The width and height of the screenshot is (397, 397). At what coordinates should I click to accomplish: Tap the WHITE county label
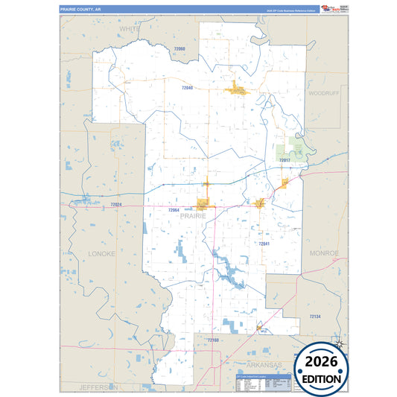[x=130, y=28]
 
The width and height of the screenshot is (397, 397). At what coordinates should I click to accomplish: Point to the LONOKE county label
[x=102, y=253]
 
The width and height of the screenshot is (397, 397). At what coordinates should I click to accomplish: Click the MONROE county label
[x=324, y=253]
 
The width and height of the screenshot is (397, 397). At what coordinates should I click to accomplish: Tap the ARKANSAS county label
[x=266, y=365]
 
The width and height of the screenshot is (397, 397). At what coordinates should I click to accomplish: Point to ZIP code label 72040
[x=186, y=88]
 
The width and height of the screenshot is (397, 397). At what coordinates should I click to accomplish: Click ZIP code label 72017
[x=285, y=160]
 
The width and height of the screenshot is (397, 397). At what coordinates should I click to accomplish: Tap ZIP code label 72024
[x=115, y=204]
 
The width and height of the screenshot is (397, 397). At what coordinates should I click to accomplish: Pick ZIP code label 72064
[x=174, y=211]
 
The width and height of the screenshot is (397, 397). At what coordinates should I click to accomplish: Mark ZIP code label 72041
[x=264, y=244]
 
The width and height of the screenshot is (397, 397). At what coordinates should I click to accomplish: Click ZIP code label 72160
[x=213, y=340]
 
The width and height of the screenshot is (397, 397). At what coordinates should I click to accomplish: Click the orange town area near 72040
[x=238, y=90]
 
